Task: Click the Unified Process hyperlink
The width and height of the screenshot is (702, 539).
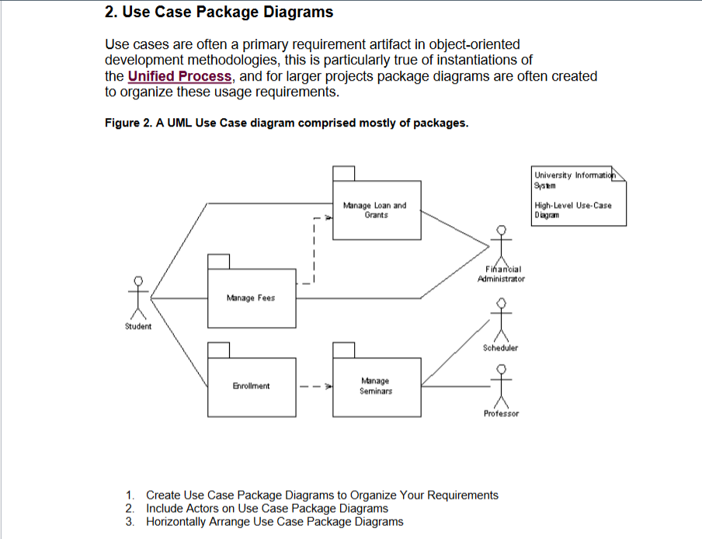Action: [x=179, y=76]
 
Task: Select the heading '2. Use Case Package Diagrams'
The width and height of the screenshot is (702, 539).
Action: [x=219, y=12]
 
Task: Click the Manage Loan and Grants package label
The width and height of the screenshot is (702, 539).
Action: [x=375, y=210]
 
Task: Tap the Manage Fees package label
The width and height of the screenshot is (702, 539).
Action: [x=250, y=297]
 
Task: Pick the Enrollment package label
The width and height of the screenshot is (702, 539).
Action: [x=251, y=385]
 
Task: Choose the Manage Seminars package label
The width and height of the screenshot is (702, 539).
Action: [x=376, y=386]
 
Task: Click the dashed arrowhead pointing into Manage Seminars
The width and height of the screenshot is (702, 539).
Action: [x=328, y=385]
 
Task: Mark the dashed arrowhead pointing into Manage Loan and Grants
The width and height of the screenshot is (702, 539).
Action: [x=328, y=218]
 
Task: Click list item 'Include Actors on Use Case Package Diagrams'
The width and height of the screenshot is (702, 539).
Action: [x=267, y=508]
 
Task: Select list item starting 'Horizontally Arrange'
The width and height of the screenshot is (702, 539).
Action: [x=275, y=521]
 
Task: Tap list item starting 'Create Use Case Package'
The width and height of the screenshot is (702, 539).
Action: [x=321, y=495]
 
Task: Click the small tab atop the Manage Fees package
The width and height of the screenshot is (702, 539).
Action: [x=219, y=262]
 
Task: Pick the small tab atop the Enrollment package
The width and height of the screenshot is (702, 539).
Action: [x=219, y=349]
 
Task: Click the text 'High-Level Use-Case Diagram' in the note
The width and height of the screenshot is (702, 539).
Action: [x=572, y=210]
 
